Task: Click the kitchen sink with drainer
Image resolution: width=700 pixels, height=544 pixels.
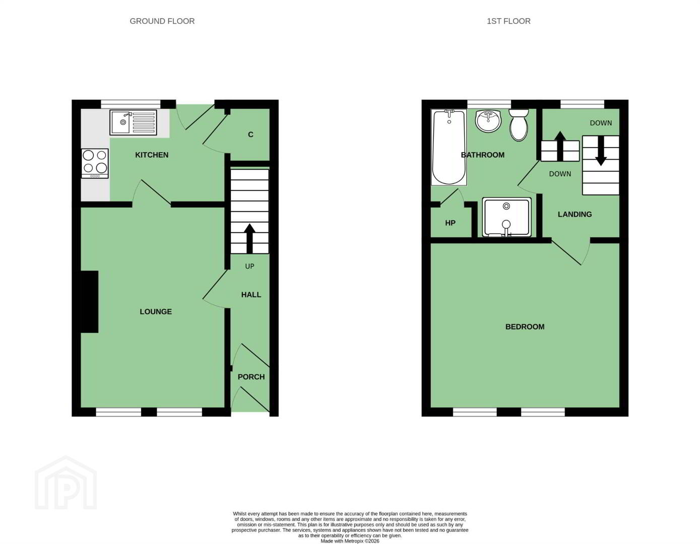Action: click(133, 122)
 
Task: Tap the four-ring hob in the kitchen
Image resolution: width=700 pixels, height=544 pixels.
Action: click(95, 163)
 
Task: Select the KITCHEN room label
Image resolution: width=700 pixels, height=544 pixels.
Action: click(152, 155)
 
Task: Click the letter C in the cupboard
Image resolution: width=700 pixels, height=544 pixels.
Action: click(250, 134)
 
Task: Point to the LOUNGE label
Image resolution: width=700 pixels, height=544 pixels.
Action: click(156, 312)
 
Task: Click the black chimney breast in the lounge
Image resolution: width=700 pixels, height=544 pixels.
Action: click(89, 302)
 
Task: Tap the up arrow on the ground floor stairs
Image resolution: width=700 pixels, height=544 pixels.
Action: click(249, 239)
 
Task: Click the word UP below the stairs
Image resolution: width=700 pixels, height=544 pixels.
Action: click(249, 266)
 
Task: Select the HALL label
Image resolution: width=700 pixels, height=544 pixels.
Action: click(251, 295)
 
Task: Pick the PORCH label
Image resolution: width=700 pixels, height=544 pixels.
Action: click(251, 377)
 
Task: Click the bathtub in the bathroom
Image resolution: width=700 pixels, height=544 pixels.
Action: click(449, 148)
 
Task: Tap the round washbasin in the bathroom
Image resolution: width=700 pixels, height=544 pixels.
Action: click(488, 121)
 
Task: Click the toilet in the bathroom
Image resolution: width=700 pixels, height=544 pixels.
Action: click(519, 124)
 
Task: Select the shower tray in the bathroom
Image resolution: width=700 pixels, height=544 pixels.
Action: click(506, 217)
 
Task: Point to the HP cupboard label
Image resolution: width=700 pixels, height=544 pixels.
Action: click(450, 223)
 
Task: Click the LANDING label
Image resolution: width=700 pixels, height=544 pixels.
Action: click(575, 215)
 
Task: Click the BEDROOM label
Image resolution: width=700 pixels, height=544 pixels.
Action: click(525, 327)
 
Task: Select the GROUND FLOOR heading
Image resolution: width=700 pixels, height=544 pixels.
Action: click(162, 21)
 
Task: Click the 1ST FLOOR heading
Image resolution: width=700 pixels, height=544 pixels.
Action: click(508, 21)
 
